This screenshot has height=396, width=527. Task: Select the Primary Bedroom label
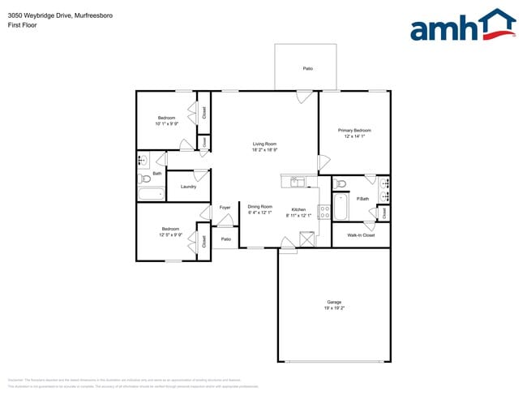[x=354, y=130]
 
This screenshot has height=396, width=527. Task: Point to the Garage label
[x=334, y=303]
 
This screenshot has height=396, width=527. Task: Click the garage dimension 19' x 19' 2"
[x=334, y=309]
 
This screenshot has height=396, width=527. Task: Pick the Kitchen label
[x=298, y=209]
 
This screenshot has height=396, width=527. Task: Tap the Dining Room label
[x=259, y=206]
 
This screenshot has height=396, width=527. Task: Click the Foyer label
[x=225, y=208]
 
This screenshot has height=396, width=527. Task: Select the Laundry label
[x=188, y=187]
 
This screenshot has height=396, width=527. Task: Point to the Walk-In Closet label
[x=360, y=235]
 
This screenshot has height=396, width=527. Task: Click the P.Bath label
[x=362, y=199]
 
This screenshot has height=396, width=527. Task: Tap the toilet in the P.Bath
[x=341, y=182]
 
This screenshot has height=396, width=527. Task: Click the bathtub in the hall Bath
[x=151, y=194]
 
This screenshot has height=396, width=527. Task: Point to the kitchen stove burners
[x=324, y=212]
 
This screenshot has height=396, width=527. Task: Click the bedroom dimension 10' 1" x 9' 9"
[x=166, y=124]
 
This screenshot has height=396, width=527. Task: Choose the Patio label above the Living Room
[x=307, y=68]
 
